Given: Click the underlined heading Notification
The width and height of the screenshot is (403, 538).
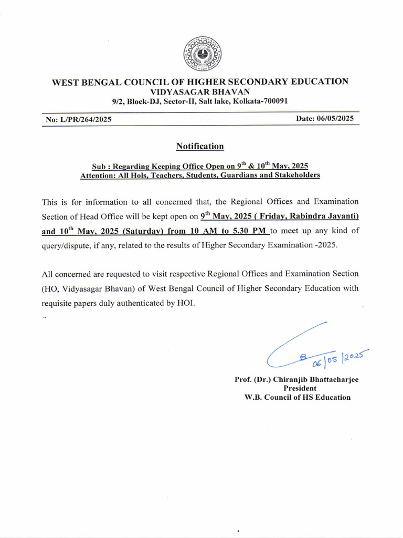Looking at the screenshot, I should pos(200,146).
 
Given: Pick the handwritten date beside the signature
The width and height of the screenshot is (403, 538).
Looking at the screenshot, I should pos(338,358).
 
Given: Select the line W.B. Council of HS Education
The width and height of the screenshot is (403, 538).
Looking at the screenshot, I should pos(298,397).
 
